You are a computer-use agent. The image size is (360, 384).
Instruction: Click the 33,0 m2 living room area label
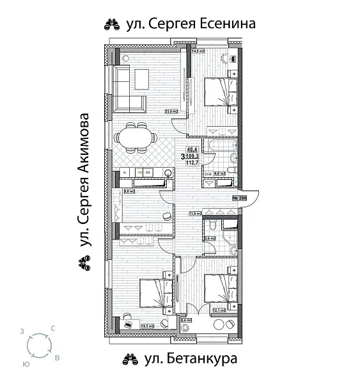point(171,111)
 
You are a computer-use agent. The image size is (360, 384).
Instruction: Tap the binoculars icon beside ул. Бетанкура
point(130,358)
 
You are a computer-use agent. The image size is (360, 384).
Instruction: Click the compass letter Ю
point(25,363)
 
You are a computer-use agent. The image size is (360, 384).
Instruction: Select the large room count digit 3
point(183,156)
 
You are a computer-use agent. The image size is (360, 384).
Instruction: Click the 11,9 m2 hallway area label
point(195,214)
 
